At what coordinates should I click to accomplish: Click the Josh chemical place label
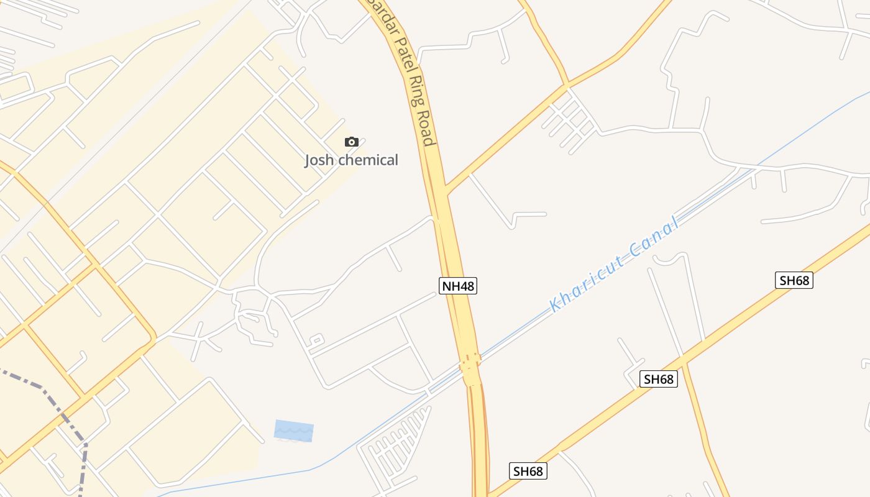point(351,160)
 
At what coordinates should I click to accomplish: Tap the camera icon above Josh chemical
point(352,142)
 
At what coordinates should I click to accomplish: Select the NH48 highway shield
point(458,286)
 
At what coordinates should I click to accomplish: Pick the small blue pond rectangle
point(294,431)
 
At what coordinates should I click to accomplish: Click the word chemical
point(368,160)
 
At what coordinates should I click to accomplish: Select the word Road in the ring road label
point(425,129)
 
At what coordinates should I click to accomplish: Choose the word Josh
point(318,160)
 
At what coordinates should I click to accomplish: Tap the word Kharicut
point(587,283)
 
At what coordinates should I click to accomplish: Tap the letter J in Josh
point(307,160)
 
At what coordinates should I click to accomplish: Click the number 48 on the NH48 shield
point(466,286)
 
